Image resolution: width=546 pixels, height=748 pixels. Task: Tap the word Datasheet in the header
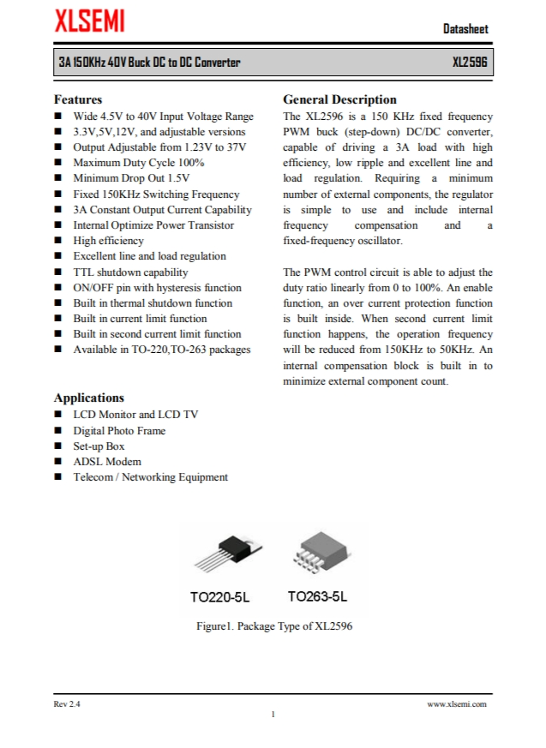point(465,29)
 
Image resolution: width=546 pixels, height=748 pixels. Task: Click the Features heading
point(78,99)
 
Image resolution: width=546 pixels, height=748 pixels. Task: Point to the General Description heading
point(339,99)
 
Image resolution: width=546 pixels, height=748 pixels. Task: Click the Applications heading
point(88,398)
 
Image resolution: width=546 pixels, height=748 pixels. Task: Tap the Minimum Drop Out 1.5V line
point(131,178)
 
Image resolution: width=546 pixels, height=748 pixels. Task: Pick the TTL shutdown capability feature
point(130,272)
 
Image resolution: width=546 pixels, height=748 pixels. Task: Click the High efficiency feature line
point(108,241)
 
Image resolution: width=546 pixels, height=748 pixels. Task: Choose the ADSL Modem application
point(107,462)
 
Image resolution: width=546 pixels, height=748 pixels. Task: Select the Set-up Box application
point(99,446)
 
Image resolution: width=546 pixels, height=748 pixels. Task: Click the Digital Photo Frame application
point(119,431)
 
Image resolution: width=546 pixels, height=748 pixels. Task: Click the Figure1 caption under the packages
point(274,626)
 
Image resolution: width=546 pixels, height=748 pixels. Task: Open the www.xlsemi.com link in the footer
point(457,704)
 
